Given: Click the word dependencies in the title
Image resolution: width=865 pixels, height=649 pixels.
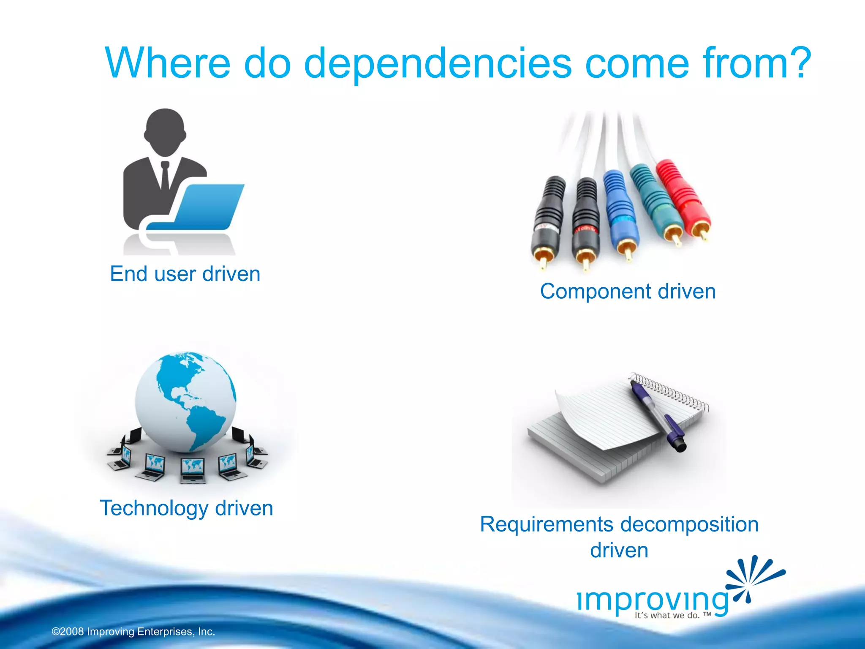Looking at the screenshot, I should (x=438, y=63).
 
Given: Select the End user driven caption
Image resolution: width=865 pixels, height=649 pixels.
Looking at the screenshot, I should (x=185, y=274).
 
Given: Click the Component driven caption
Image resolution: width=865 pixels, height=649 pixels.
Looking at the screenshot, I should (x=628, y=292).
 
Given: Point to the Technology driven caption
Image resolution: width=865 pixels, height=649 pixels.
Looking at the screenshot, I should (x=186, y=508).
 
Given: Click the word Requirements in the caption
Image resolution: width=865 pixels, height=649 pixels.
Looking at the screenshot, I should (x=547, y=524).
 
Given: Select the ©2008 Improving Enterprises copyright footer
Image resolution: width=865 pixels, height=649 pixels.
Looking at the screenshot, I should (x=133, y=632).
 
